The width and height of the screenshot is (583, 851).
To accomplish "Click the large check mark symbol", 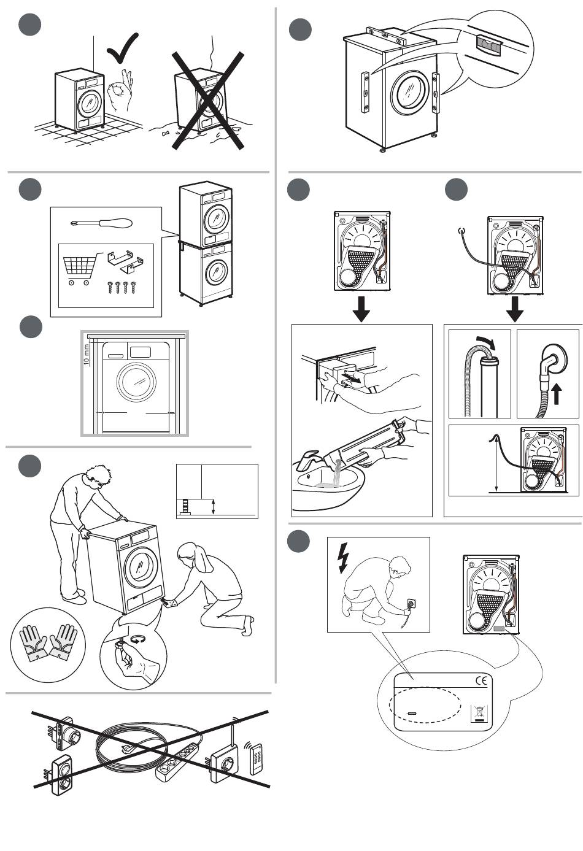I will [x=122, y=50].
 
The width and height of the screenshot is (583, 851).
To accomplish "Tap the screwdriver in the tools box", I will [x=101, y=223].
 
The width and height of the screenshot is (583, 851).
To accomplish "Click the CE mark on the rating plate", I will [x=483, y=680].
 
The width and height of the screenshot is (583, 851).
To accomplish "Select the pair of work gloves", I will [x=48, y=642].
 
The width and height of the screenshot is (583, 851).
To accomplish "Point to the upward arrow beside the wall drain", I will [x=557, y=393].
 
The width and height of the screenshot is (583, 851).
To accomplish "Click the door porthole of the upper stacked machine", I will [x=217, y=217].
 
